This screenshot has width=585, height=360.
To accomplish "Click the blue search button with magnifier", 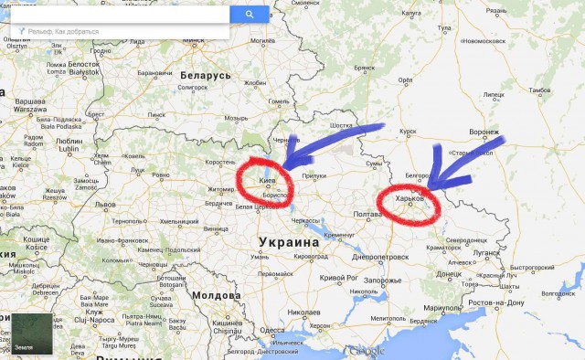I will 250,15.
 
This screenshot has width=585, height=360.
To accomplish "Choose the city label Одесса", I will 272,331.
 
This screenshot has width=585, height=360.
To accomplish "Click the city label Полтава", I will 367,215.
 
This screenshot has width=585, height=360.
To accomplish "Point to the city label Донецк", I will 450,273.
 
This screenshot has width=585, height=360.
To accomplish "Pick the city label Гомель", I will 278,101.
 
